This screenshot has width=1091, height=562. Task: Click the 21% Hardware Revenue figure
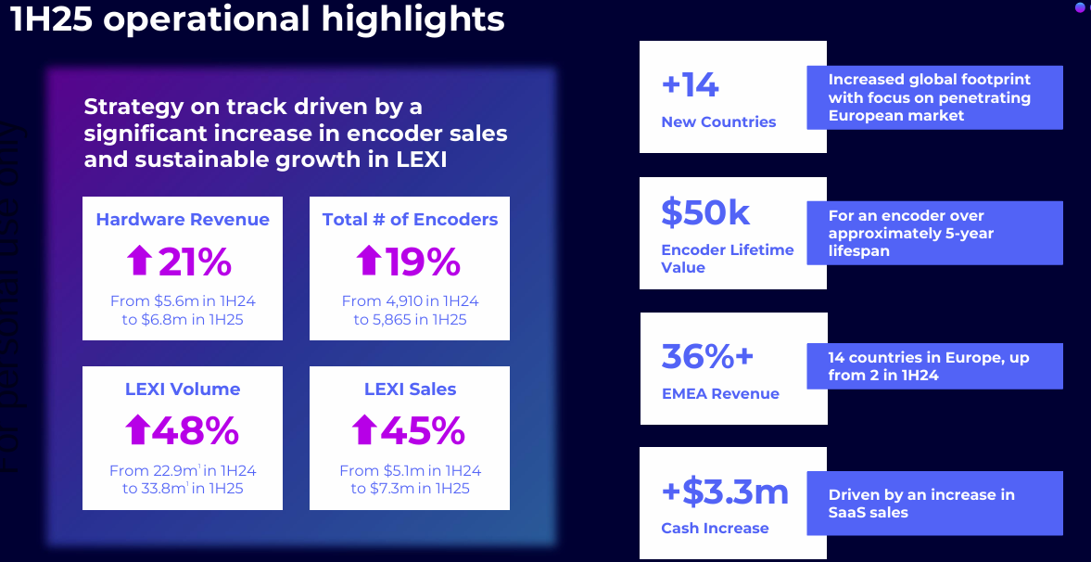pos(195,262)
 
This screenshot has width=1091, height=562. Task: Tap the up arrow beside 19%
pos(368,262)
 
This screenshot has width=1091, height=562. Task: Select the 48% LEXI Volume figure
pos(196,430)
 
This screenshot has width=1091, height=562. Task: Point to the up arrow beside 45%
pos(364,430)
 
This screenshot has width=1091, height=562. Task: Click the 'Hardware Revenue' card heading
pos(183,220)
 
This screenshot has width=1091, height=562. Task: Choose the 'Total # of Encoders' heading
pos(410,220)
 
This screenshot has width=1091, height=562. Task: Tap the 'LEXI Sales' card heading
pos(410,390)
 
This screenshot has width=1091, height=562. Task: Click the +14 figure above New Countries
pos(690,85)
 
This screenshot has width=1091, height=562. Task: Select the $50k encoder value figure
pos(705,212)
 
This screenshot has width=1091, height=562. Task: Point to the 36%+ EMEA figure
pos(708,356)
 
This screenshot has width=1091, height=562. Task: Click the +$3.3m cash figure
pos(725,492)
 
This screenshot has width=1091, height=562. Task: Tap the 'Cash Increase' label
pos(715,529)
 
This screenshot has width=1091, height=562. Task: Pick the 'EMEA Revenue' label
pos(720,394)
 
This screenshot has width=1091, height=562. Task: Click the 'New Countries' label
pos(718,122)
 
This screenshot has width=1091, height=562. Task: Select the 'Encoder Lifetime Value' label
pos(727,259)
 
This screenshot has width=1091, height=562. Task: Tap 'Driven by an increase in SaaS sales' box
pos(933,504)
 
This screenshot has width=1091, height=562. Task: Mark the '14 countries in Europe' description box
pos(933,366)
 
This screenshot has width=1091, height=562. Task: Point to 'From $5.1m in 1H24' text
pos(410,471)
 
